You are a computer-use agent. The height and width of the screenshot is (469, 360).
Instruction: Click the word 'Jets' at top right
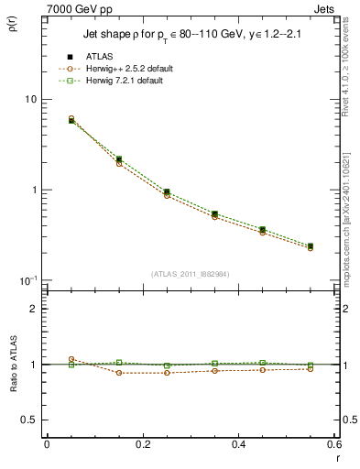(x=325, y=8)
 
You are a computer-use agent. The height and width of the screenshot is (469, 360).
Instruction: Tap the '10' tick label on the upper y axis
(x=29, y=99)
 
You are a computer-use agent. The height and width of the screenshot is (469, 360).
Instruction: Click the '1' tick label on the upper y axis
(x=33, y=190)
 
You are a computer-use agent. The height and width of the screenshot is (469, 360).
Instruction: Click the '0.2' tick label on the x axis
(x=142, y=444)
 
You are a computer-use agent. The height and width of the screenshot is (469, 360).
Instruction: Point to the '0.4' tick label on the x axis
(x=238, y=444)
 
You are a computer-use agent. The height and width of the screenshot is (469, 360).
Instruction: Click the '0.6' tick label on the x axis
(x=334, y=444)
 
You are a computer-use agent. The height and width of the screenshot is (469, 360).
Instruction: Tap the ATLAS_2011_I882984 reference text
(x=191, y=275)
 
